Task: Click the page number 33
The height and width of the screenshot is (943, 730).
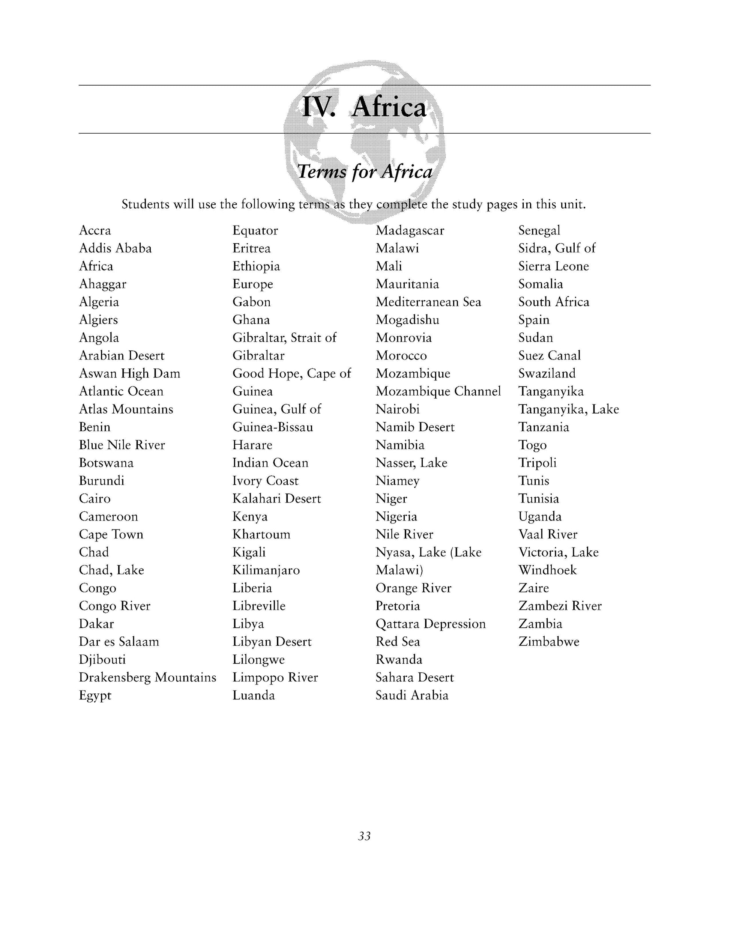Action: coord(364,836)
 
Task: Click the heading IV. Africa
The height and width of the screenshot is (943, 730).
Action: coord(364,107)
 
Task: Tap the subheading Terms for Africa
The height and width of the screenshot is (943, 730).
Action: coord(365,171)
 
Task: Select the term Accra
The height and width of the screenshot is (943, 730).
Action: coord(95,230)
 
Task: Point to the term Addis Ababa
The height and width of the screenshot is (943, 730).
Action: coord(115,248)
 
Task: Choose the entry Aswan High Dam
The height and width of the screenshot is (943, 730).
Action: coord(129,373)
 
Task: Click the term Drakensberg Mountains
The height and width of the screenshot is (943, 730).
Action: coord(147,677)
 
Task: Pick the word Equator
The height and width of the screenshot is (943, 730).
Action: coord(255,230)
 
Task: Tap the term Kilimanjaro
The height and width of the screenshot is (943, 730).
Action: coord(266,570)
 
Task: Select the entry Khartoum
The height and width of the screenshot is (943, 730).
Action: coord(261,534)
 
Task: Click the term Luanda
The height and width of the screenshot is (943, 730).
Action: coord(254,696)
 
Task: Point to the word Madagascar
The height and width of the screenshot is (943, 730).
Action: coord(410,230)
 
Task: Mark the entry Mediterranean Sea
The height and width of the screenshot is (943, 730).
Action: coord(428,302)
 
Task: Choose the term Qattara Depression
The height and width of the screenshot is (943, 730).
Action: coord(430,624)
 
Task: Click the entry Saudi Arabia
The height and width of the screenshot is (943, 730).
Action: coord(412,696)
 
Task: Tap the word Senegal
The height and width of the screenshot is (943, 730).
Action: coord(539,230)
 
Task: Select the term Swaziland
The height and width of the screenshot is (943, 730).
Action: coord(547,373)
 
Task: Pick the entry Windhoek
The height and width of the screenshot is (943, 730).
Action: coord(547,570)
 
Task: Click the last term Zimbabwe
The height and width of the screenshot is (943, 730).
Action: coord(549,642)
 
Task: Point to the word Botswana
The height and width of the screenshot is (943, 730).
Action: coord(106,463)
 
